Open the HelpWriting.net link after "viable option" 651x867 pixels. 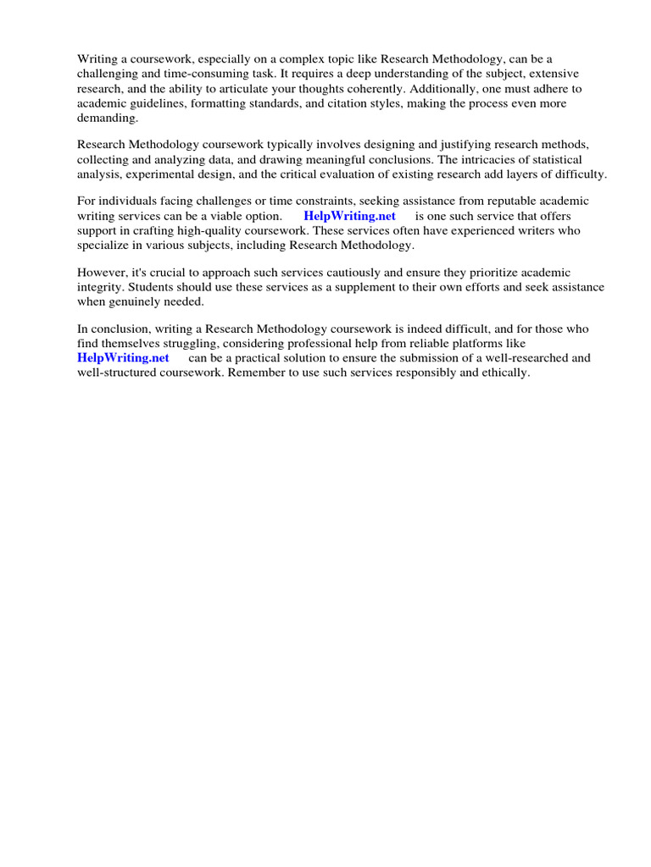click(x=349, y=216)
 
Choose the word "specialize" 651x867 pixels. click(x=107, y=246)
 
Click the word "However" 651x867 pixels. click(x=103, y=272)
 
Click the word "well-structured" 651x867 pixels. click(x=120, y=373)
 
